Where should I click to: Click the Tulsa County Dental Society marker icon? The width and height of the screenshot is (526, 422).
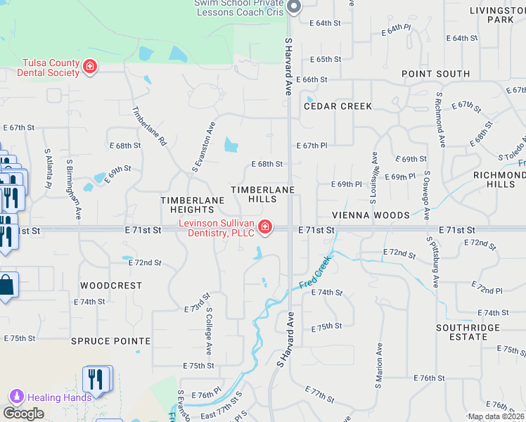pos(90,67)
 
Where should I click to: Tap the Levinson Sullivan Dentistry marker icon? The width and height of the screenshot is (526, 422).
pos(265,226)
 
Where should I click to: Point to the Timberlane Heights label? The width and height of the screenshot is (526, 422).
pos(192,205)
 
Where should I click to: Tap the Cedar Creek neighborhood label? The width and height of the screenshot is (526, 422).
pos(338,106)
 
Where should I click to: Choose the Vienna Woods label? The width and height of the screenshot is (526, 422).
pos(372,215)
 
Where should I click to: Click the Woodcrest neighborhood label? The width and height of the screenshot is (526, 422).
pos(110,286)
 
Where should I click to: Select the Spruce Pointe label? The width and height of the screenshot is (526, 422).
pos(110,341)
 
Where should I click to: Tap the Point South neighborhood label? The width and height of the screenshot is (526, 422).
pos(435,74)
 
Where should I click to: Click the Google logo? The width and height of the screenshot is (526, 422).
pos(23,414)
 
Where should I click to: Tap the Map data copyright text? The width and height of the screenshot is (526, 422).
pos(496,416)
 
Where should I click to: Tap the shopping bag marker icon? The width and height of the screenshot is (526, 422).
pos(6,286)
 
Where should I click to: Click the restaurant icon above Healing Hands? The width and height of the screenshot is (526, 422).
pos(97,378)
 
